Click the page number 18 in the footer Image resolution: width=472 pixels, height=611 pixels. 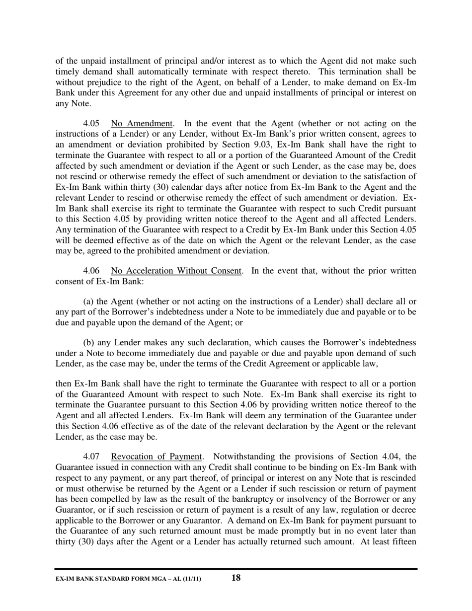pos(236,577)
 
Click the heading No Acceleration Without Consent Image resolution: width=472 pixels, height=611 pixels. pos(176,271)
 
